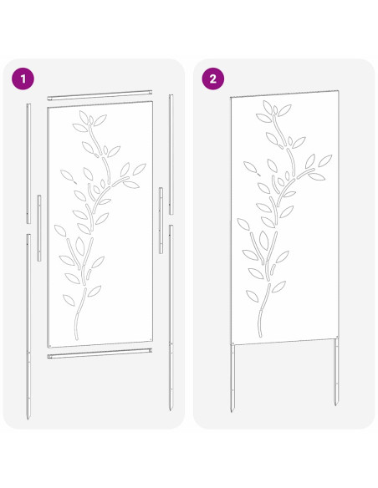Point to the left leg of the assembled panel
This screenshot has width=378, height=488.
click(232, 376)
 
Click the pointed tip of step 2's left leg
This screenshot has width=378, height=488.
click(233, 411)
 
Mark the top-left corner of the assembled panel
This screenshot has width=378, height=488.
click(230, 97)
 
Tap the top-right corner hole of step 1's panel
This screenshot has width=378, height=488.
click(149, 105)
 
